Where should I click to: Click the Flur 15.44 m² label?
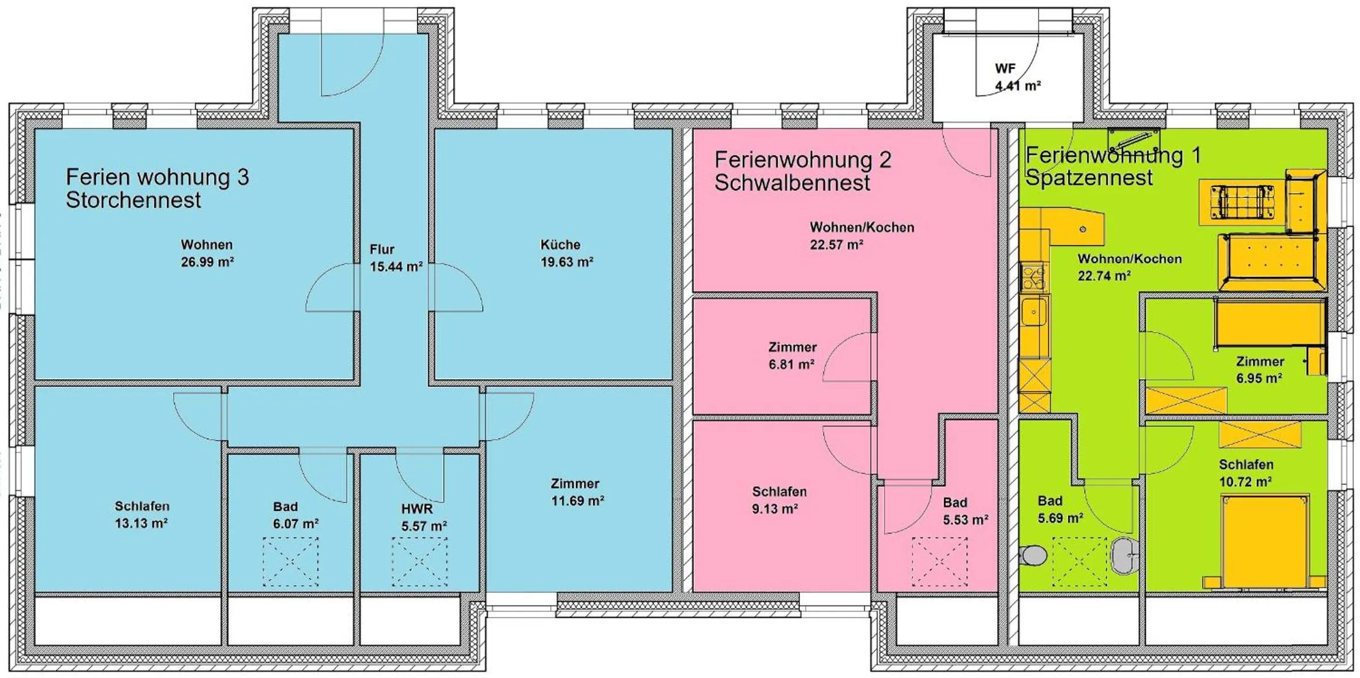[395, 258]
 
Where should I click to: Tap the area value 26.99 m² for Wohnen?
[207, 262]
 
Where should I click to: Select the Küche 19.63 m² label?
[566, 254]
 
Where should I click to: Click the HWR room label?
[417, 509]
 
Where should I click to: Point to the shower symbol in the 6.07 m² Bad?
[290, 562]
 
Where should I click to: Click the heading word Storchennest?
[133, 200]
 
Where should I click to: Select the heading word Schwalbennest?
[792, 183]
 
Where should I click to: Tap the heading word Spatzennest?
[1089, 178]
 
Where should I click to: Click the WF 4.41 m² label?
[1017, 77]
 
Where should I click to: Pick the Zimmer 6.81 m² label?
[792, 356]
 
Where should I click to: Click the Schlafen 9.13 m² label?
[779, 500]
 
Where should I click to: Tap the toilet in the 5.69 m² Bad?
[1033, 555]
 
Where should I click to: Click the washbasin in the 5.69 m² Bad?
[1124, 555]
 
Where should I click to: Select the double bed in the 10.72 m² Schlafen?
[1265, 541]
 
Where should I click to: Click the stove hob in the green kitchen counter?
[1033, 277]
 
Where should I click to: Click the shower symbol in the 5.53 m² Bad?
[940, 562]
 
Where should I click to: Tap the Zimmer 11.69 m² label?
[577, 492]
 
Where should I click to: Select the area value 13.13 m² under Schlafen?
[141, 524]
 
